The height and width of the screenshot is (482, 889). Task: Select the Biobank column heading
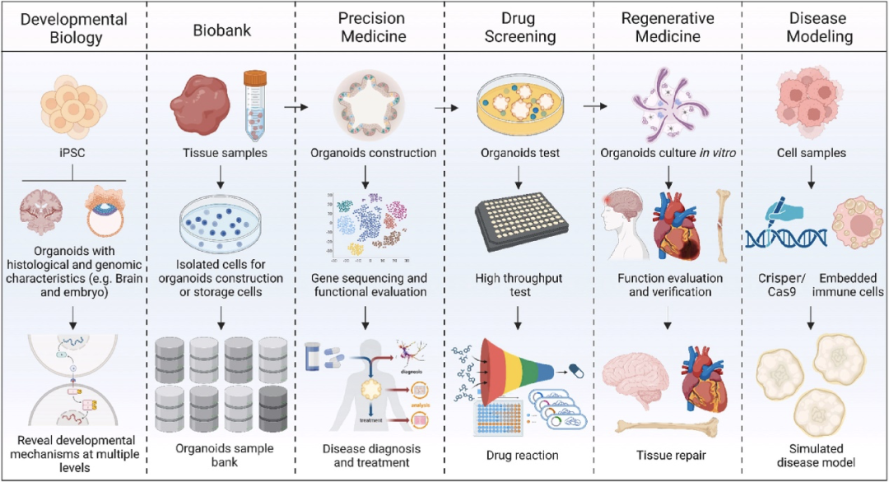tap(222, 30)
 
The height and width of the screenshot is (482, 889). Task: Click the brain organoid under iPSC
tap(42, 216)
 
